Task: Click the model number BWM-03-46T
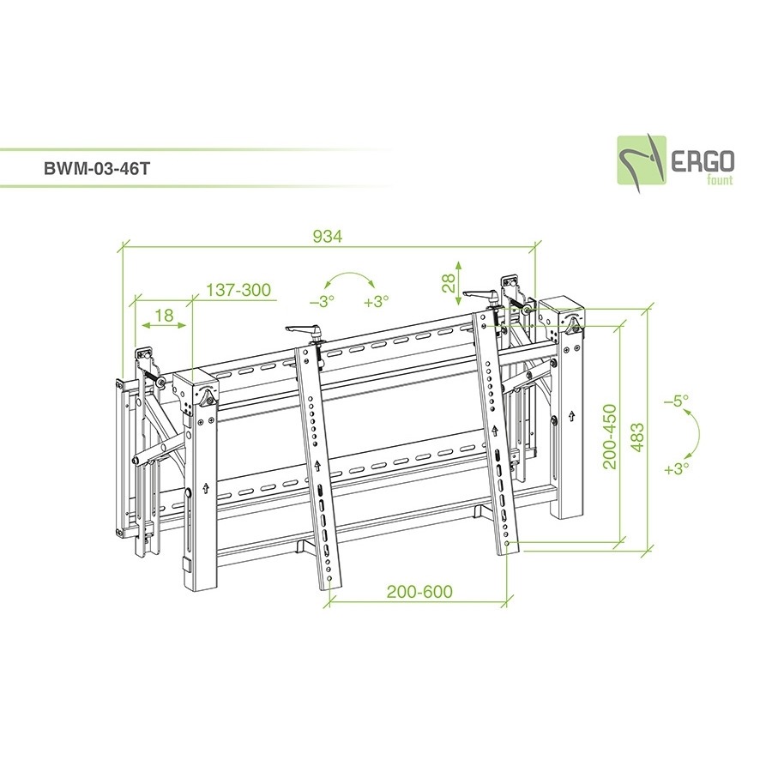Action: pyautogui.click(x=96, y=168)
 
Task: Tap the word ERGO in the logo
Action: pyautogui.click(x=703, y=161)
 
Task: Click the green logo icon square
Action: pyautogui.click(x=642, y=160)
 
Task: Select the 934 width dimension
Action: pyautogui.click(x=328, y=237)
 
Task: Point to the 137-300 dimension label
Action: pyautogui.click(x=238, y=290)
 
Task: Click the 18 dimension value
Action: pyautogui.click(x=164, y=315)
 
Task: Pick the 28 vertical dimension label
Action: pyautogui.click(x=449, y=283)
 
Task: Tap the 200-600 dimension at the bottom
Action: pyautogui.click(x=419, y=591)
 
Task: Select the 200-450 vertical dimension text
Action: pyautogui.click(x=610, y=437)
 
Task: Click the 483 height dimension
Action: pyautogui.click(x=637, y=437)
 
